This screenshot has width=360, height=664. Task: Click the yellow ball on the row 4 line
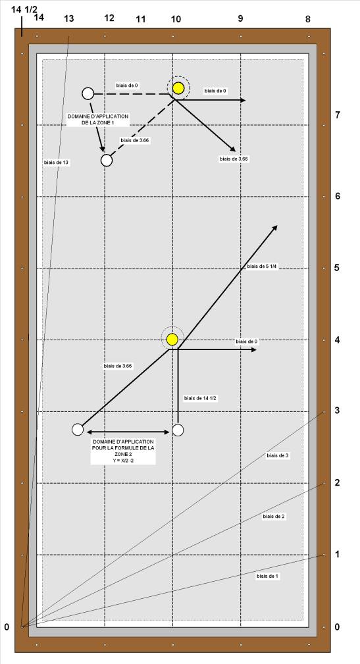(x=172, y=339)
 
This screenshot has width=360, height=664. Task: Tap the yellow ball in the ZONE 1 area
(x=178, y=88)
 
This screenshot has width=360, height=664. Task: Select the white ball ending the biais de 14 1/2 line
(x=178, y=430)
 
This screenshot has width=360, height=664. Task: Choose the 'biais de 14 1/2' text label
(x=201, y=398)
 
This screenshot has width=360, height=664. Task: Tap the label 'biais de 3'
(x=278, y=455)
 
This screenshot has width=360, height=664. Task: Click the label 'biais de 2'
(x=274, y=517)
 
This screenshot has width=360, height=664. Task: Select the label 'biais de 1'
(x=267, y=576)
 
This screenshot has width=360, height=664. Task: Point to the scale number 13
(x=68, y=18)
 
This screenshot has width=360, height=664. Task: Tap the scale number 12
(x=109, y=18)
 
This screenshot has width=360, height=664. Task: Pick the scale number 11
(x=141, y=19)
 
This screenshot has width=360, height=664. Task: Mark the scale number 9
(x=240, y=18)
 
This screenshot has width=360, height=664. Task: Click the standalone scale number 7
(x=338, y=115)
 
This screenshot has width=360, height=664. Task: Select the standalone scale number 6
(x=338, y=196)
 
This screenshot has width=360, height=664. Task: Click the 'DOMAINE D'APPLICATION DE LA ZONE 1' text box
(x=98, y=119)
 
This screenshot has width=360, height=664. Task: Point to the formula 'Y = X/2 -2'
(x=123, y=460)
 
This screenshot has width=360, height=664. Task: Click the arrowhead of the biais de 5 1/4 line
(x=274, y=228)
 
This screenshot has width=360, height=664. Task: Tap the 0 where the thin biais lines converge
(x=7, y=627)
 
